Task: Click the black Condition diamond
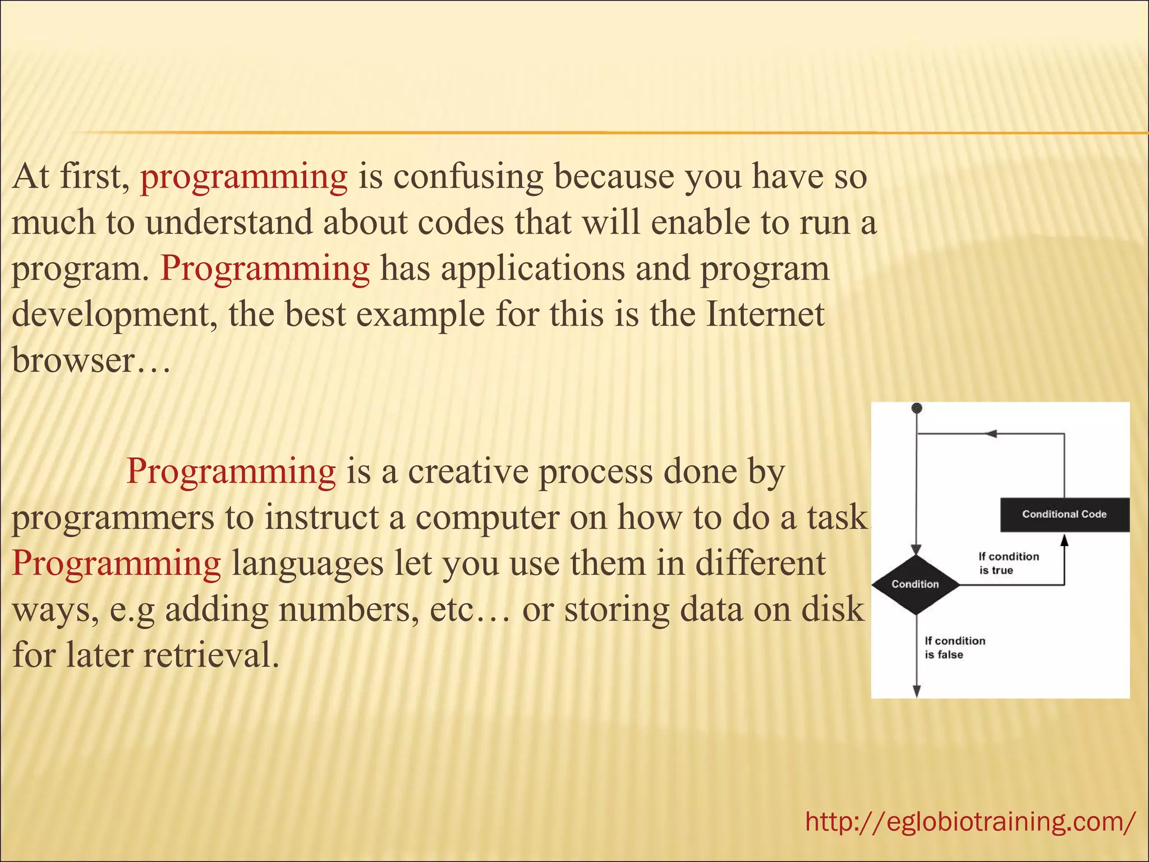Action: tap(916, 584)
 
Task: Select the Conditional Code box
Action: tap(1064, 514)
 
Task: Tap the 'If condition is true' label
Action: tap(1008, 563)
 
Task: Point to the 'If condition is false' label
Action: tap(954, 647)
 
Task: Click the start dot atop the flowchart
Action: tap(917, 408)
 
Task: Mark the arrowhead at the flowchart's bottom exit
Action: tap(916, 691)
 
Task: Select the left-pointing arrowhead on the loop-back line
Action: tap(991, 434)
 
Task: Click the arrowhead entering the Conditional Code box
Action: tap(1064, 540)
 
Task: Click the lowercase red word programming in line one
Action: tap(243, 176)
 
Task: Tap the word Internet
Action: tap(765, 314)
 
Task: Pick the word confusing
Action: tap(468, 176)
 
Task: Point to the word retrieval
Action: tap(210, 654)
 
